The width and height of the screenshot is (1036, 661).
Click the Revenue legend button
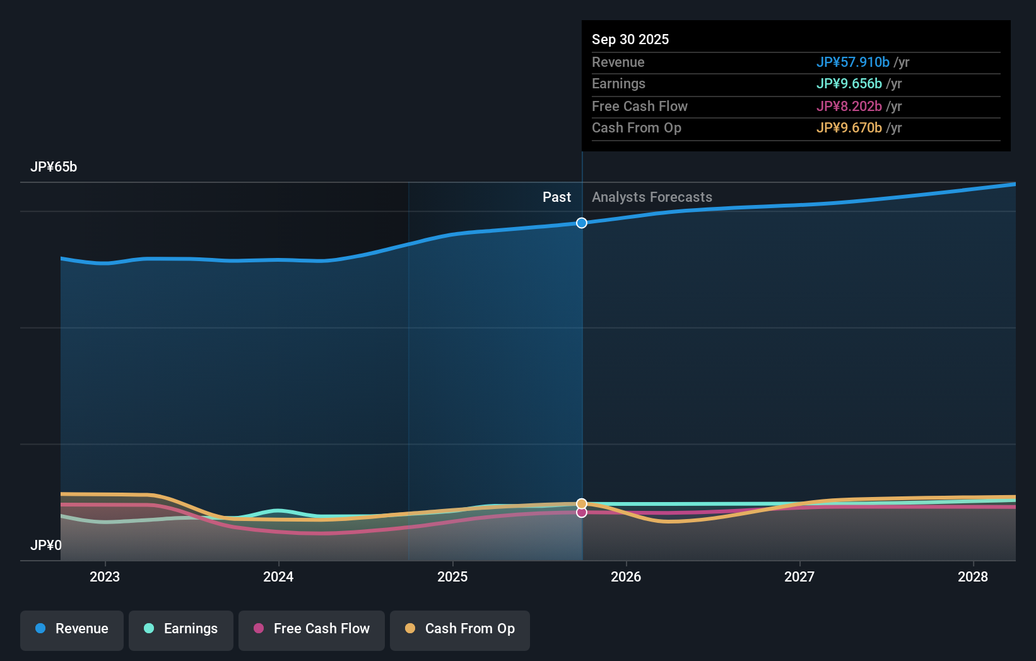point(72,629)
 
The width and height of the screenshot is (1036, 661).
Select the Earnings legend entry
point(181,629)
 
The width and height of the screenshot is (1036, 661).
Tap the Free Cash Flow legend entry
point(312,629)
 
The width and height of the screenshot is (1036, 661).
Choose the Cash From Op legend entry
point(460,629)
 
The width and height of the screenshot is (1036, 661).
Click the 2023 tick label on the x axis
point(105,576)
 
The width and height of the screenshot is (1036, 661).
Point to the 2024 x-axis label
point(278,576)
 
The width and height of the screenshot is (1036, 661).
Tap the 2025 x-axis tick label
point(452,576)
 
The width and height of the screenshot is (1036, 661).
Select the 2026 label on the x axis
point(626,576)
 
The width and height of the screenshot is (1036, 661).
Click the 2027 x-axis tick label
point(799,576)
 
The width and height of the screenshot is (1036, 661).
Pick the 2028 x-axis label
point(973,576)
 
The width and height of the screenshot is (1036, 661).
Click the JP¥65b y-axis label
point(54,167)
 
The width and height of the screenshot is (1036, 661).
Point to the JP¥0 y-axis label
point(46,545)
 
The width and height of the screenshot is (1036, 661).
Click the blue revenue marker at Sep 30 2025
point(582,223)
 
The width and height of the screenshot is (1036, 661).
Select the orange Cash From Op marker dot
point(582,503)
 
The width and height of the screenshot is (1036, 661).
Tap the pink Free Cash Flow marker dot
point(582,513)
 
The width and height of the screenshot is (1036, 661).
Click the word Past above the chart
point(556,197)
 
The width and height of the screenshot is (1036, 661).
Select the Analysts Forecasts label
point(652,197)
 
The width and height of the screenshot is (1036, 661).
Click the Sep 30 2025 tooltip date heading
point(630,39)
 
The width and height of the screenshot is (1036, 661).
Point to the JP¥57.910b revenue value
point(852,62)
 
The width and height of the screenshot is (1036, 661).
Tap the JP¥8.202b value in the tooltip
point(849,106)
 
